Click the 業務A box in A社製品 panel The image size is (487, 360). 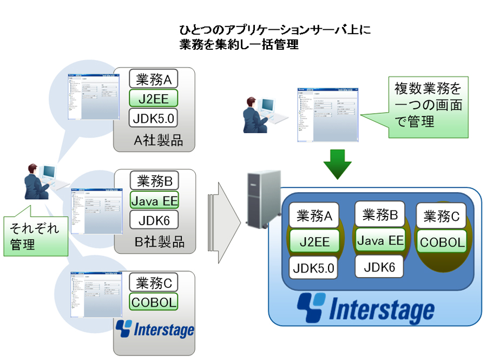click(x=154, y=80)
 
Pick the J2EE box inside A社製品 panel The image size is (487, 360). click(x=154, y=100)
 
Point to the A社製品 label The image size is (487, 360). click(x=158, y=141)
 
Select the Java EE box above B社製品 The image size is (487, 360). click(x=154, y=200)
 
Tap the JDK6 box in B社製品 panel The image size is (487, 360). click(x=154, y=220)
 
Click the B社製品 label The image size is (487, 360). click(x=159, y=241)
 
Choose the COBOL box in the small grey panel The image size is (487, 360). click(x=154, y=302)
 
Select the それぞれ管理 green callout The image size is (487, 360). click(x=35, y=236)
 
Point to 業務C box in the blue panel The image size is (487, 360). click(x=442, y=217)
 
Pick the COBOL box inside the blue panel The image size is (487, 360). click(x=442, y=242)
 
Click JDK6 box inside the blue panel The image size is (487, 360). click(x=379, y=266)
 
